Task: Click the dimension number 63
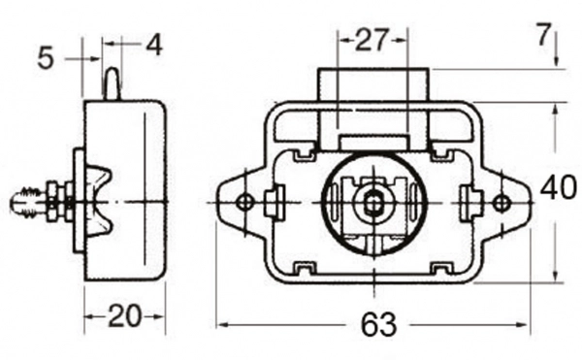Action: point(378,325)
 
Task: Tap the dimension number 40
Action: point(559,188)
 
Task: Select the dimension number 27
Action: point(372,40)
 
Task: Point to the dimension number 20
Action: point(125,316)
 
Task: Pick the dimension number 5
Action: point(46,58)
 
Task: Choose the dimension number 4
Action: point(154,46)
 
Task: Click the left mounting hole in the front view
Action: point(244,202)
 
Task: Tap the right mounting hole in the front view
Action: point(501,202)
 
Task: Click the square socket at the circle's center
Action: point(372,203)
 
